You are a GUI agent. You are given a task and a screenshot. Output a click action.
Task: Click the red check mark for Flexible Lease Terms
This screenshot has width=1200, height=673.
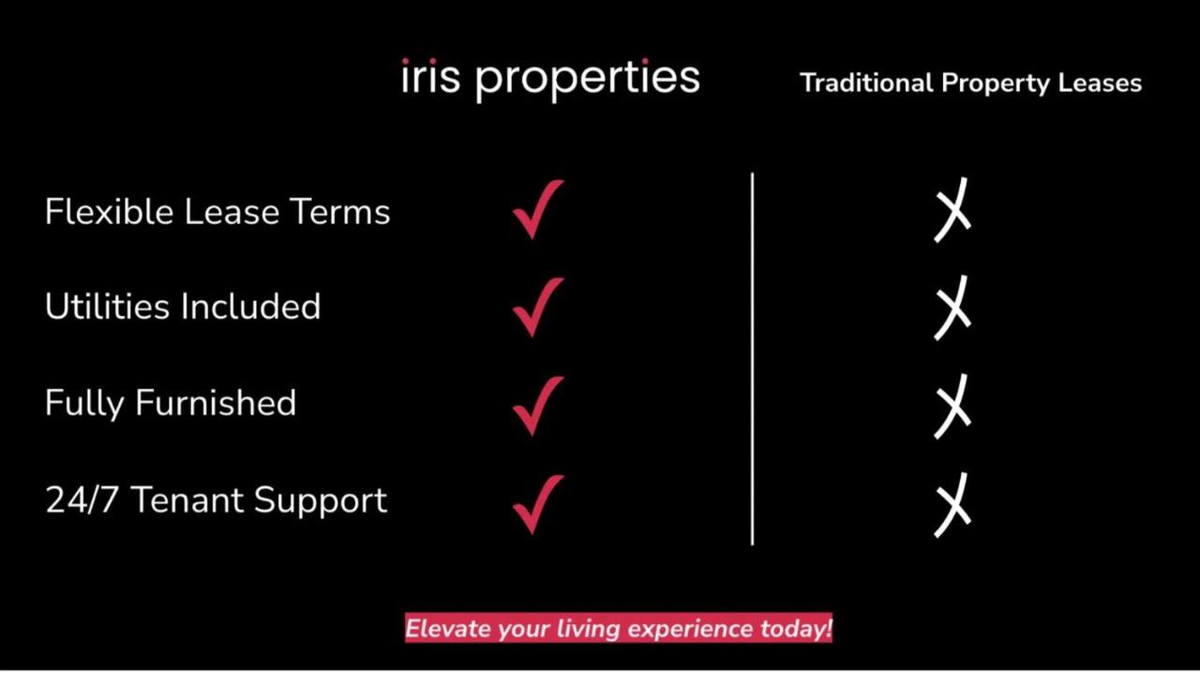537,210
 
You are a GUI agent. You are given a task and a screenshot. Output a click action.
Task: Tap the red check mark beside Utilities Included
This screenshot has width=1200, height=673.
537,307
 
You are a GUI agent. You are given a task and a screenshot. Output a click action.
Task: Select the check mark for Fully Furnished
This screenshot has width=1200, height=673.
537,405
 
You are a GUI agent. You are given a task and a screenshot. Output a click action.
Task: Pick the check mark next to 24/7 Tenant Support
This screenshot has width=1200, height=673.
537,503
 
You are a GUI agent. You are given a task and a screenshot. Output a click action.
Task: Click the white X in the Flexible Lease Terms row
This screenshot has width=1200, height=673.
952,210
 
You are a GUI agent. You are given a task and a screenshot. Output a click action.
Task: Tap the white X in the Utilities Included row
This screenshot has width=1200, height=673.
952,307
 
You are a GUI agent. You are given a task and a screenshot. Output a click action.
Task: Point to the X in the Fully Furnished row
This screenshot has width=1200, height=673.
952,406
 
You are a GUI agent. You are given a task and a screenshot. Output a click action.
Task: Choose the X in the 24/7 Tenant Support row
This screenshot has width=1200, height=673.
952,504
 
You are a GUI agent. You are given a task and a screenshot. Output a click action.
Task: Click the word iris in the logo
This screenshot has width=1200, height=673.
430,77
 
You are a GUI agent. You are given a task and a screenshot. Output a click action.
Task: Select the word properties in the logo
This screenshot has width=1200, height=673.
588,80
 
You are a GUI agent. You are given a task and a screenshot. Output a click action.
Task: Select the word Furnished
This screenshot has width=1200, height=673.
216,403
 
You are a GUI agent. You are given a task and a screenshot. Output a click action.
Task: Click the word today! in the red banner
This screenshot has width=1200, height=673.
796,628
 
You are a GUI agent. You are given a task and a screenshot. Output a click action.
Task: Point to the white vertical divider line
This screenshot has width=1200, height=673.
752,356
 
